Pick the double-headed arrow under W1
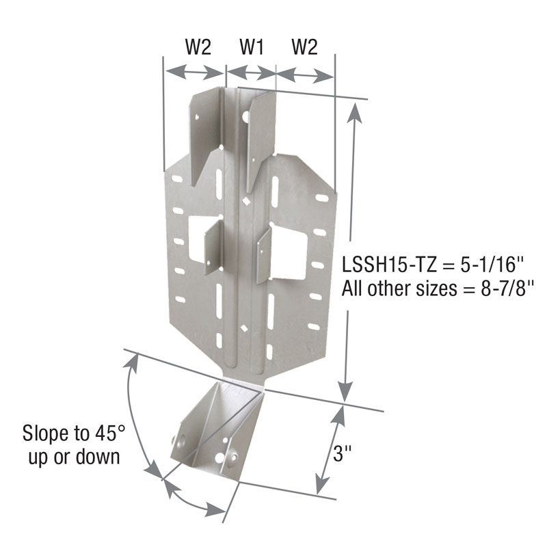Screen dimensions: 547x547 click(x=251, y=70)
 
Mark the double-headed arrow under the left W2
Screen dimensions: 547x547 click(x=195, y=70)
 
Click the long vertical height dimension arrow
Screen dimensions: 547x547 click(x=350, y=246)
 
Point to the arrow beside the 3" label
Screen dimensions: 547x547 click(x=328, y=448)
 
